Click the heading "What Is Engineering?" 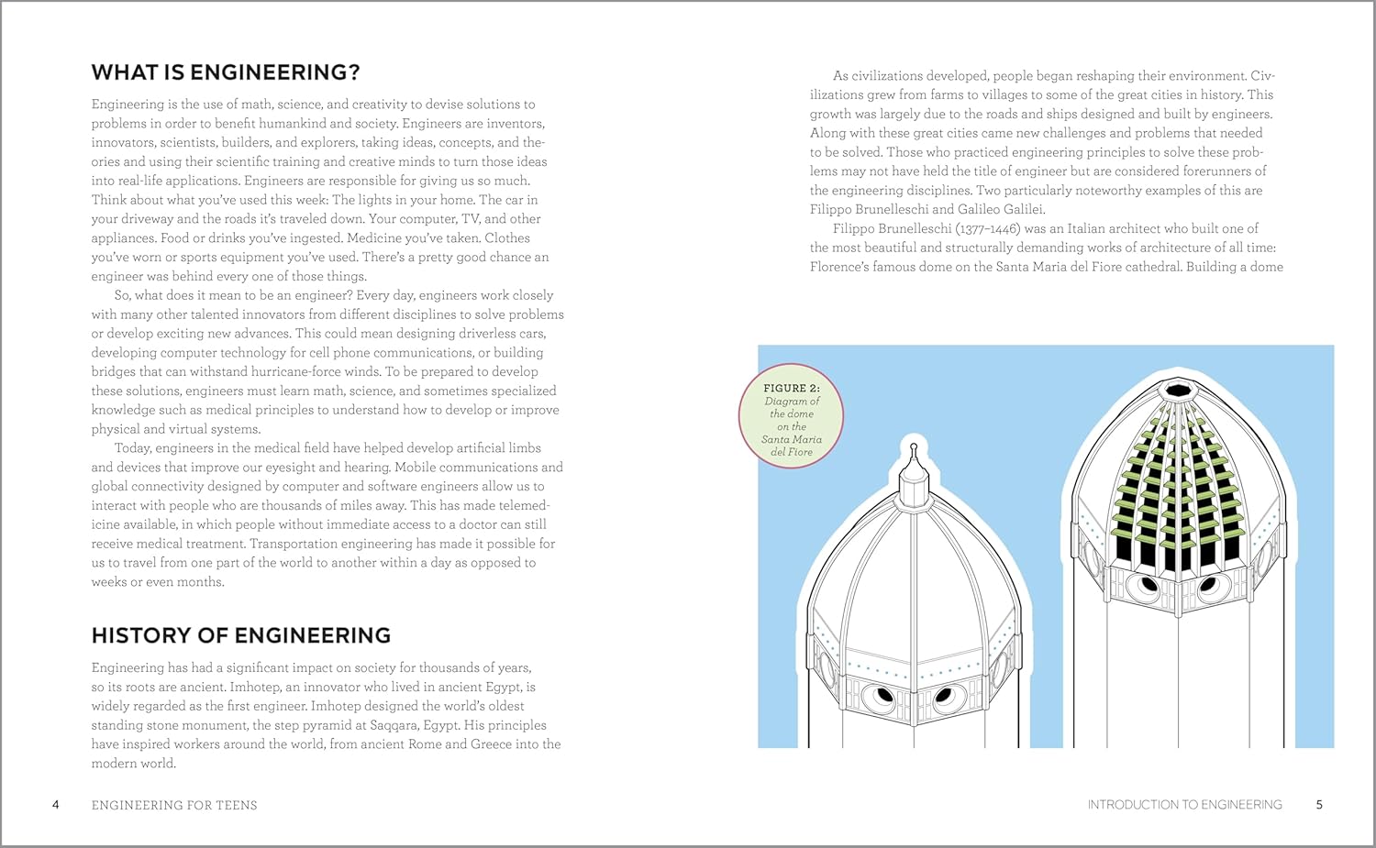[226, 72]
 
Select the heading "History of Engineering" [240, 635]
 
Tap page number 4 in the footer [56, 805]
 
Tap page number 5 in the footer [1319, 805]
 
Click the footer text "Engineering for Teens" [174, 805]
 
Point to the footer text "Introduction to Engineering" [1184, 805]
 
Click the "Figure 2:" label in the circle [792, 388]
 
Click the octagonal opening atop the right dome [1175, 391]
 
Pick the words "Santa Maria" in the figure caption [791, 439]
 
